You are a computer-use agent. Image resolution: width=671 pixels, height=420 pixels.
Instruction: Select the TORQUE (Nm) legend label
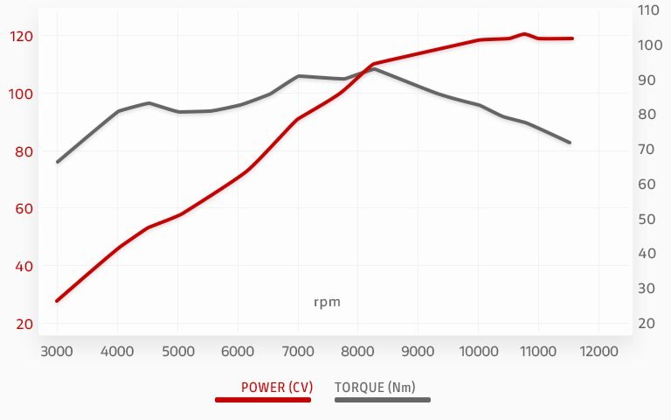pyautogui.click(x=375, y=387)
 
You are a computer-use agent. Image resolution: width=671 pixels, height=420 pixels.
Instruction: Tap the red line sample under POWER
pyautogui.click(x=263, y=400)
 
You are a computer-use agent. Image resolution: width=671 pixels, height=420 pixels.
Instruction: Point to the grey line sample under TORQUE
pyautogui.click(x=383, y=400)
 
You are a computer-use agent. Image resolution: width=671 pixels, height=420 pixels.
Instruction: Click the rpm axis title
pyautogui.click(x=327, y=302)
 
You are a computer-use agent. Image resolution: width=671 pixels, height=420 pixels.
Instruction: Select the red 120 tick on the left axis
pyautogui.click(x=21, y=36)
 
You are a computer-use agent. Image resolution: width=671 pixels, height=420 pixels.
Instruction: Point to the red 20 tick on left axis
pyautogui.click(x=24, y=324)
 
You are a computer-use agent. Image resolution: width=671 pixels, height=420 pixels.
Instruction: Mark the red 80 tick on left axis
pyautogui.click(x=24, y=151)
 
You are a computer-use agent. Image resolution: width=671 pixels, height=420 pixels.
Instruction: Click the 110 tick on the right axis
pyautogui.click(x=647, y=10)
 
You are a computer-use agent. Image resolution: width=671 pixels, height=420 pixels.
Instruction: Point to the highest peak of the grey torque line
pyautogui.click(x=374, y=68)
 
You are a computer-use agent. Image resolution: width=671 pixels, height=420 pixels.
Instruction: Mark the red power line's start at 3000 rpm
pyautogui.click(x=58, y=300)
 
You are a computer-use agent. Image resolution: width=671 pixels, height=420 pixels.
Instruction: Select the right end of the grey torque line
pyautogui.click(x=570, y=142)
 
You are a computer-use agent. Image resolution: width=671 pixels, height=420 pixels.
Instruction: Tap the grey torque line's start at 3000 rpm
pyautogui.click(x=58, y=162)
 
